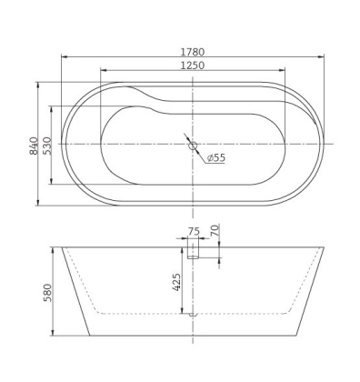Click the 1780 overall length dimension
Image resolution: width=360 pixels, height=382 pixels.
pos(191,52)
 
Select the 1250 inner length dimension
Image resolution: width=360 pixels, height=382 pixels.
pos(191,65)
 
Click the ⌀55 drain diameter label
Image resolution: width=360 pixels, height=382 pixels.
pos(215,156)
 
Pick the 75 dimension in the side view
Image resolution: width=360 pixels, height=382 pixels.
pos(193,231)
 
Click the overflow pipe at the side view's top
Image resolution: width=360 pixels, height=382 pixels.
pos(193,252)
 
